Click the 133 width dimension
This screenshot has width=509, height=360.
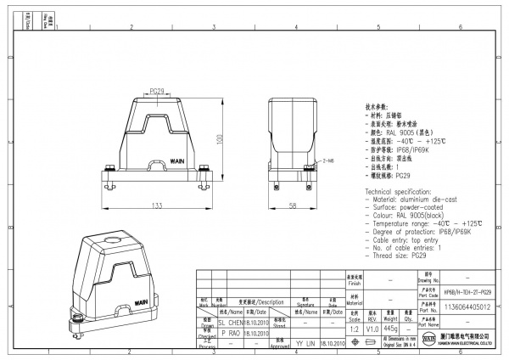[x=157, y=205]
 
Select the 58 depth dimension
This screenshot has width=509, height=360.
[x=293, y=205]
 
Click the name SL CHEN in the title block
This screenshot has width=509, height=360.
[x=232, y=323]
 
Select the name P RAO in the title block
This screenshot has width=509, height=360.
[x=232, y=335]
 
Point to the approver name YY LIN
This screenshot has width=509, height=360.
[x=305, y=345]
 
